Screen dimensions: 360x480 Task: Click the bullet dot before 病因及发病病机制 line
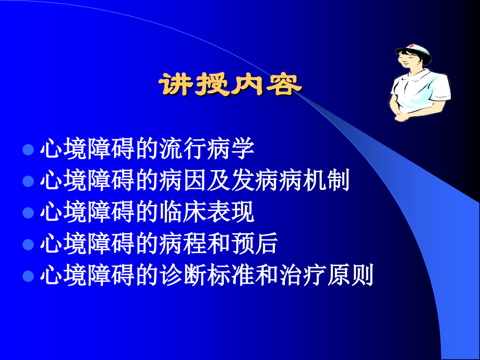coord(29,182)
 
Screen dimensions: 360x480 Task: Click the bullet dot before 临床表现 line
coord(29,213)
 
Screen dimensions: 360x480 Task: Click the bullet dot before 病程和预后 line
coord(29,244)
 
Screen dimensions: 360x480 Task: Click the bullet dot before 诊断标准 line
coord(29,276)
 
